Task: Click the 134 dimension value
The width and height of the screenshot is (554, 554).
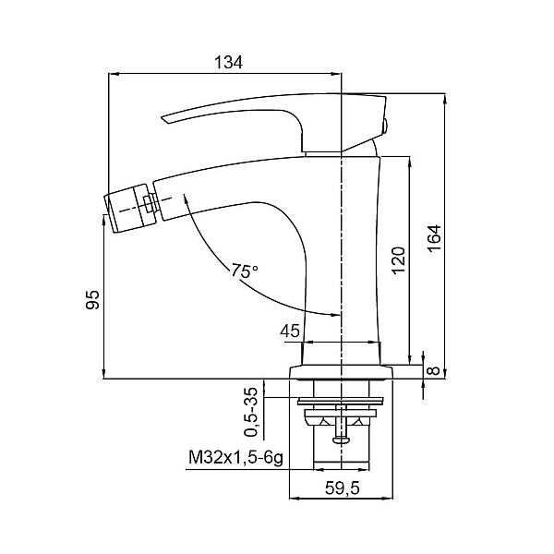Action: pyautogui.click(x=229, y=63)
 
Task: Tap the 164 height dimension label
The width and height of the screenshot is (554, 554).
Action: pyautogui.click(x=434, y=238)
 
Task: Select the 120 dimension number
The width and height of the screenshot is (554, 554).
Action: pyautogui.click(x=398, y=260)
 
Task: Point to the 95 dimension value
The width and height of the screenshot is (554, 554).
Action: pyautogui.click(x=92, y=299)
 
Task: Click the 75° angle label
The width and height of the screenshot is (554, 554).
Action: pyautogui.click(x=245, y=271)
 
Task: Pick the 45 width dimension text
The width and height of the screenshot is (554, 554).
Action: pyautogui.click(x=290, y=331)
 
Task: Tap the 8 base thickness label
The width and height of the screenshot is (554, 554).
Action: pyautogui.click(x=434, y=370)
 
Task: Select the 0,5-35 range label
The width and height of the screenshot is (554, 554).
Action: pyautogui.click(x=253, y=413)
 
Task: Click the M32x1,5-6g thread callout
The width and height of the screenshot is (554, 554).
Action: pyautogui.click(x=236, y=459)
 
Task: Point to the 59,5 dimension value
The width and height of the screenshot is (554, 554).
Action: pyautogui.click(x=342, y=488)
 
